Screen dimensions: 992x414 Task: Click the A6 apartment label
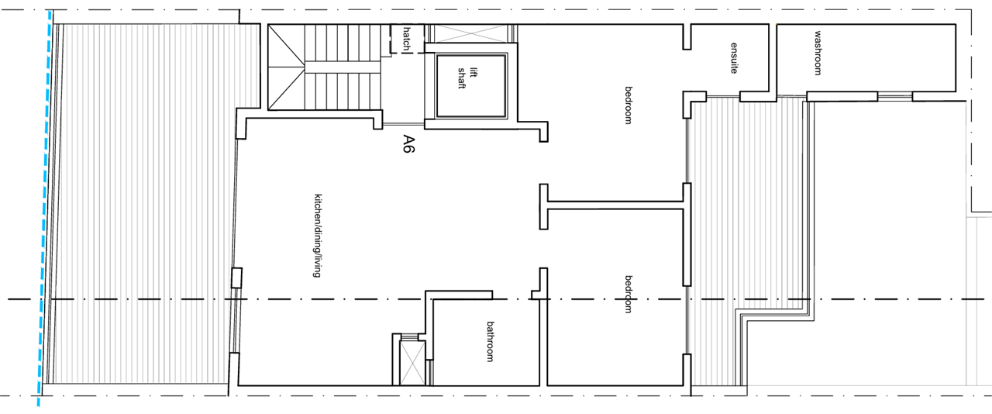click(x=408, y=143)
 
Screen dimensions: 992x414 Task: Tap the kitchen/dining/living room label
click(x=318, y=236)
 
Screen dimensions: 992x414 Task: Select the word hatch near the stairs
click(x=407, y=39)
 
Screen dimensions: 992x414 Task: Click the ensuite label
click(x=734, y=57)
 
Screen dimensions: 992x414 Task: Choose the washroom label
click(x=818, y=53)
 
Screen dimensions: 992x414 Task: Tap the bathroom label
click(x=490, y=341)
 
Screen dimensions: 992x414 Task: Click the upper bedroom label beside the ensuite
click(x=628, y=105)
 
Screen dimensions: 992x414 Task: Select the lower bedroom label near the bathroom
click(x=628, y=295)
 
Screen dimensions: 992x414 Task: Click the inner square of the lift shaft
click(x=470, y=85)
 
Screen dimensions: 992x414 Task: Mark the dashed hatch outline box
click(x=407, y=39)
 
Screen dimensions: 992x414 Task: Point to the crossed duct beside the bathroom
click(x=412, y=363)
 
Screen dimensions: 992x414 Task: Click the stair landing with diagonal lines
click(x=287, y=67)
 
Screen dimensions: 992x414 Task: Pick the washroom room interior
click(x=866, y=57)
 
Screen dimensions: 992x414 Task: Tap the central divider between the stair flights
click(x=343, y=67)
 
